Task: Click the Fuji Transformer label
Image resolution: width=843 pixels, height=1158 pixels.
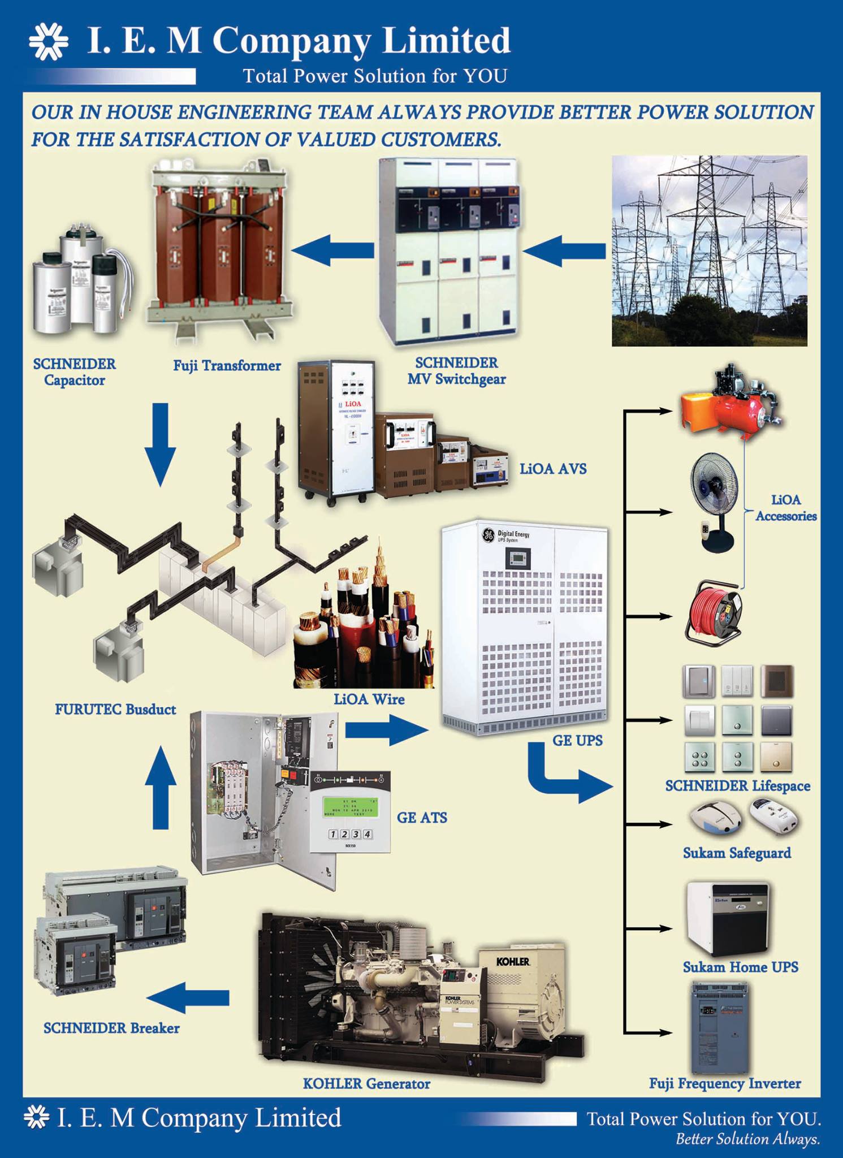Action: tap(227, 366)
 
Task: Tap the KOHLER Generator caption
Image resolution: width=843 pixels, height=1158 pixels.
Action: tap(366, 1083)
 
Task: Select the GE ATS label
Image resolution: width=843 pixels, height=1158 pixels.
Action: tap(422, 817)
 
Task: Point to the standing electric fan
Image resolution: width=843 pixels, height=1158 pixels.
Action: tap(715, 503)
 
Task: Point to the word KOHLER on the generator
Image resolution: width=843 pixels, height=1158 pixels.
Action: tap(513, 961)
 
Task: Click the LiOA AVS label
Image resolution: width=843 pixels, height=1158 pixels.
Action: tap(553, 469)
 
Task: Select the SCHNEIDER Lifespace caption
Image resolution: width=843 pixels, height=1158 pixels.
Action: tap(737, 785)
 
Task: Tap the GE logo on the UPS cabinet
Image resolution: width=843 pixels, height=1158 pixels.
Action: tap(487, 534)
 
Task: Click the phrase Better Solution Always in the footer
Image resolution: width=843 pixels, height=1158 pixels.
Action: tap(747, 1139)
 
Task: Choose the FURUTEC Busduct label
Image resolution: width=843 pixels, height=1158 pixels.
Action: tap(115, 709)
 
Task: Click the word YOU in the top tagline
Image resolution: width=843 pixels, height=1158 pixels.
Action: tap(485, 76)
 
